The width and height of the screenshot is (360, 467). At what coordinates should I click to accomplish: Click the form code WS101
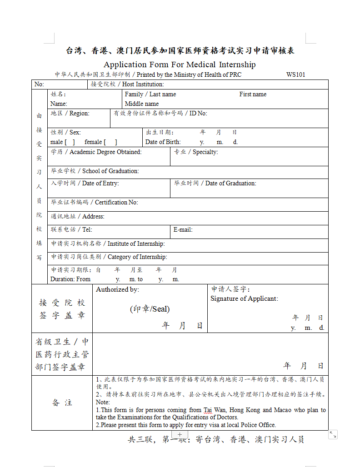tap(295, 75)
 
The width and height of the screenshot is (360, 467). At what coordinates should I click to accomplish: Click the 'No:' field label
tap(39, 84)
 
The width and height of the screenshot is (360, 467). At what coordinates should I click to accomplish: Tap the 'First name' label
tap(253, 94)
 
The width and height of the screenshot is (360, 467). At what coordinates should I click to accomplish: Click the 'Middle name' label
tap(142, 104)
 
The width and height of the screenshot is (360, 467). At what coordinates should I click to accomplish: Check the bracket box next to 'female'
tap(110, 142)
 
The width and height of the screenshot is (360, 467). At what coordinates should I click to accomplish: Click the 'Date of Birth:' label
tap(163, 142)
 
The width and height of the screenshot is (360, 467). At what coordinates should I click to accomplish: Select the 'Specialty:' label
tap(205, 152)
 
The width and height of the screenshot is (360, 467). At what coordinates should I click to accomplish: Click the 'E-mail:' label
tap(183, 230)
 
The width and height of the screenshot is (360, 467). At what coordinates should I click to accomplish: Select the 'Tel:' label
tap(87, 230)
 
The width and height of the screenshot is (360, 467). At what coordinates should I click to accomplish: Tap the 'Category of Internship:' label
tap(137, 257)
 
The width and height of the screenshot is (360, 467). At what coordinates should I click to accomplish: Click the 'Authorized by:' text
tap(118, 289)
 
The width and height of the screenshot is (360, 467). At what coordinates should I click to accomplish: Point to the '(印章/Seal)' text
tap(150, 309)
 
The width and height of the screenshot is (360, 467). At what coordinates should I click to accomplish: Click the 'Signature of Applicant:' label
tap(244, 298)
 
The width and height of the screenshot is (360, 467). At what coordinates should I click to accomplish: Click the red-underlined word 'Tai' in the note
tap(207, 410)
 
